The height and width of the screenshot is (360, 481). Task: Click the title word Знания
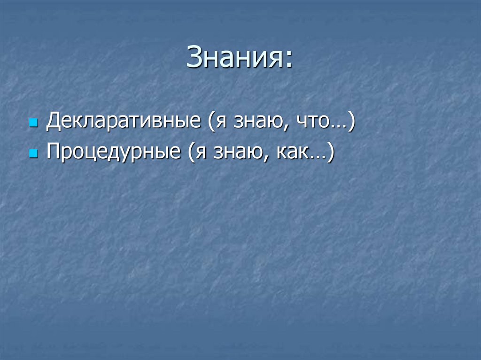coord(233,59)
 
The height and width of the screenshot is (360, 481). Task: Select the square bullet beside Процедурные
coord(33,153)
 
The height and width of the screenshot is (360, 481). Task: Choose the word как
coord(294,152)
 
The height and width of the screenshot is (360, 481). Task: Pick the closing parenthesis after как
coord(330,152)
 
